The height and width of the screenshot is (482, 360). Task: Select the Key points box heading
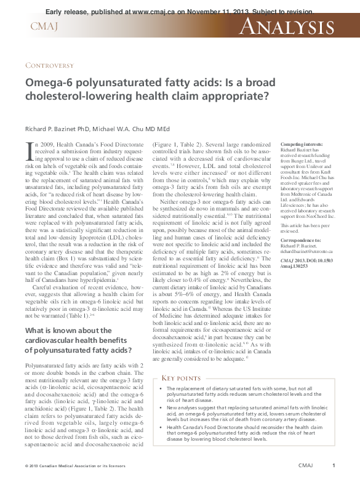pos(181,377)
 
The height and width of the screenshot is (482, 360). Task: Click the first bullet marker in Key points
pos(160,390)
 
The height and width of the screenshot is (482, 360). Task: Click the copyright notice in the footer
pos(66,466)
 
